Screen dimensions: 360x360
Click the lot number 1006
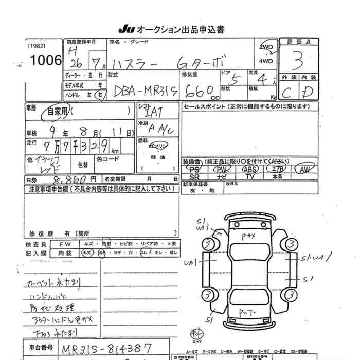point(46,60)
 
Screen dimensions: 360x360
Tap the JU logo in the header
point(126,30)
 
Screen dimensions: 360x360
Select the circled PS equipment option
point(194,169)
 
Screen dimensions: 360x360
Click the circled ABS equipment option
point(250,169)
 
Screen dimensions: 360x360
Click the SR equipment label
point(194,176)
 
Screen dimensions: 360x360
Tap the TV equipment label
point(250,176)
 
